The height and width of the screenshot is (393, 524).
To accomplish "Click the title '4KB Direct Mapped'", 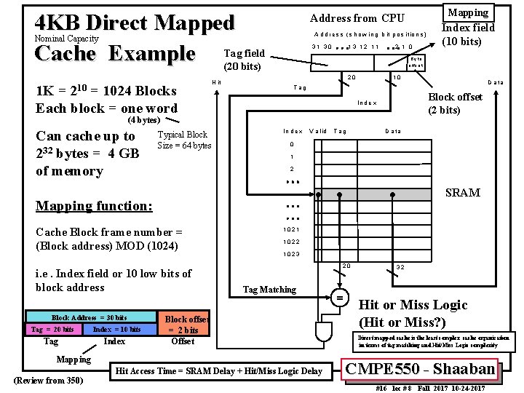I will (x=135, y=22).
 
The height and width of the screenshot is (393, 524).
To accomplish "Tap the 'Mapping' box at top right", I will (x=468, y=12).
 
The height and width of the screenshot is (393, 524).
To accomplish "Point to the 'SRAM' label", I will (x=462, y=193).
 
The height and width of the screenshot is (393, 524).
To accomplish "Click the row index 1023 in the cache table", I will (x=291, y=254).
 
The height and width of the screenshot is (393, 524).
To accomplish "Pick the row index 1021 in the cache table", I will (x=291, y=230).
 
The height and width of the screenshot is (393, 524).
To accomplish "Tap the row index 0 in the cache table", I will (x=291, y=144).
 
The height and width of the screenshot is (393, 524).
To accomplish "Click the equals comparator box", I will (x=339, y=298).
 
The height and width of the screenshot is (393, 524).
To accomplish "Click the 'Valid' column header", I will (x=318, y=131).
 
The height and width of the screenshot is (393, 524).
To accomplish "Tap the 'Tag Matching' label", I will (x=269, y=290).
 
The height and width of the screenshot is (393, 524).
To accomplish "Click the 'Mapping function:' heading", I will (x=94, y=206).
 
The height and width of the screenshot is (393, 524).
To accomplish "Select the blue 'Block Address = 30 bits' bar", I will (x=89, y=317).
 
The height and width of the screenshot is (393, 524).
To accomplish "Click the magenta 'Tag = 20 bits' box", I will (x=52, y=330).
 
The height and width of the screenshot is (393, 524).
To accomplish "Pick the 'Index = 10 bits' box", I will (x=117, y=330).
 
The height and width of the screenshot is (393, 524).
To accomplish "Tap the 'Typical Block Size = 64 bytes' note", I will (x=183, y=140).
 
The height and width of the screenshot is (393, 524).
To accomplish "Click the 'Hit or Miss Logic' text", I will (x=413, y=305).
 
